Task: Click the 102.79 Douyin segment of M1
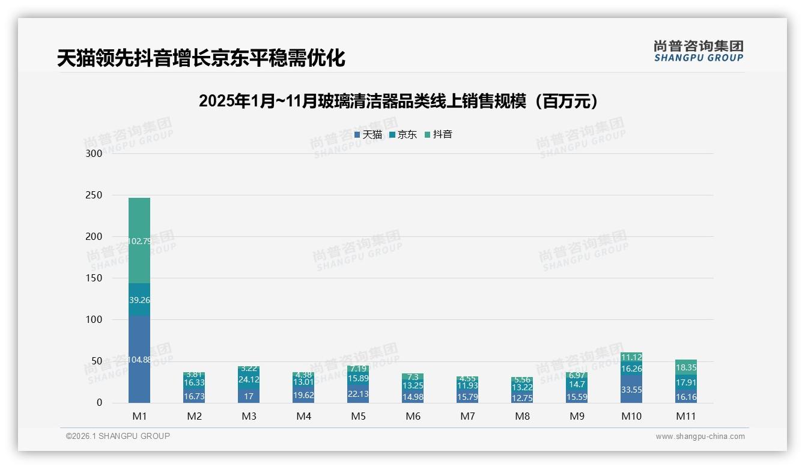point(139,241)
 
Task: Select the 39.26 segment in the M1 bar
point(139,300)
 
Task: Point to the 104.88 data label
point(139,360)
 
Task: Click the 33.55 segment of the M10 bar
point(631,390)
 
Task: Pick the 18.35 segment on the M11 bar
point(686,367)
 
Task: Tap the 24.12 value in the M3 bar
point(249,379)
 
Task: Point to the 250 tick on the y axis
point(94,195)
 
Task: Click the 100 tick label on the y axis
point(94,320)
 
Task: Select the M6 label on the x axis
point(413,416)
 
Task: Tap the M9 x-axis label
point(577,416)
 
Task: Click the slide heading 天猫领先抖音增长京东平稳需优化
point(201,58)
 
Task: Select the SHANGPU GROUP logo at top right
point(698,51)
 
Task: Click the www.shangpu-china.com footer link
point(700,437)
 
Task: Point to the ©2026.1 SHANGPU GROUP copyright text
point(118,436)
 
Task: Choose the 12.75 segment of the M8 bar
point(522,397)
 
